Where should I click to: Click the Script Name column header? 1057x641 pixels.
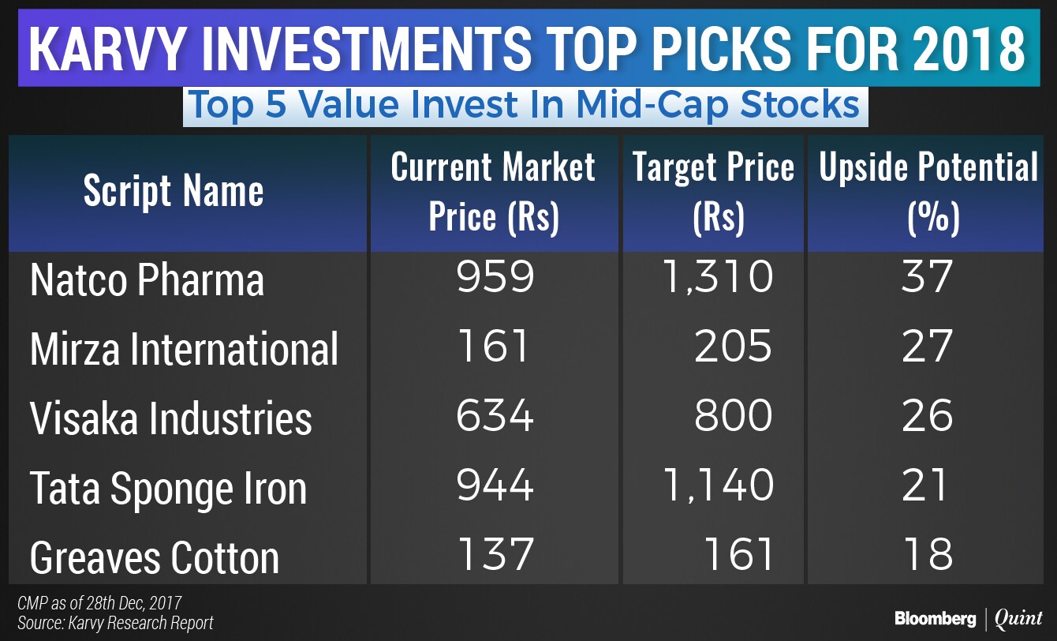click(x=174, y=192)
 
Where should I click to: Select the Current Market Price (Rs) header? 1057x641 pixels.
click(x=493, y=192)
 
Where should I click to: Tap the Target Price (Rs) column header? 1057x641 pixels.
click(x=713, y=192)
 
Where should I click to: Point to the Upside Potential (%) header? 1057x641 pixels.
click(x=929, y=192)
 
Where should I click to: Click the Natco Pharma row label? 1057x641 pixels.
click(x=147, y=281)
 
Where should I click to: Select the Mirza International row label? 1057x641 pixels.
click(x=184, y=349)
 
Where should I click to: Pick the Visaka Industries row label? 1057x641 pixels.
click(x=170, y=418)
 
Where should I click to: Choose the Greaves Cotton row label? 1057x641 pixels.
click(x=155, y=557)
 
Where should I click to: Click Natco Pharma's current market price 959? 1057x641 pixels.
click(x=495, y=277)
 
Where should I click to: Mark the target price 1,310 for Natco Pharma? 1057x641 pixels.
click(x=717, y=277)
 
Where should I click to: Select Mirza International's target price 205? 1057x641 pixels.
click(x=733, y=346)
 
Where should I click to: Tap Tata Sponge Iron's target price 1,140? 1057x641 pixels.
click(x=717, y=484)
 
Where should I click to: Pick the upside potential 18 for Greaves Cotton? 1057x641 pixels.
click(x=928, y=553)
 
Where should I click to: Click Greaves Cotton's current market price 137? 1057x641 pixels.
click(x=495, y=553)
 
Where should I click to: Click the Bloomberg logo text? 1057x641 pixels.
click(x=935, y=619)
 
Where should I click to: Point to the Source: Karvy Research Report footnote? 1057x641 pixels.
click(x=115, y=623)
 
